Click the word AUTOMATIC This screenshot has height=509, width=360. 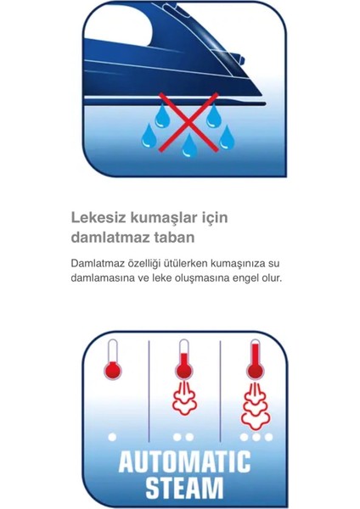(x=184, y=462)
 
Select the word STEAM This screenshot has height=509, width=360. (x=184, y=489)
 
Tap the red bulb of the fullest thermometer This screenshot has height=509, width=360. (x=255, y=371)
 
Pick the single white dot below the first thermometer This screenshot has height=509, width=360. (x=111, y=437)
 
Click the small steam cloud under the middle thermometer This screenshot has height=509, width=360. (x=183, y=400)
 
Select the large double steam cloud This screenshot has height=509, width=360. (x=255, y=408)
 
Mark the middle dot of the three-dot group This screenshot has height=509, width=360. (x=256, y=437)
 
